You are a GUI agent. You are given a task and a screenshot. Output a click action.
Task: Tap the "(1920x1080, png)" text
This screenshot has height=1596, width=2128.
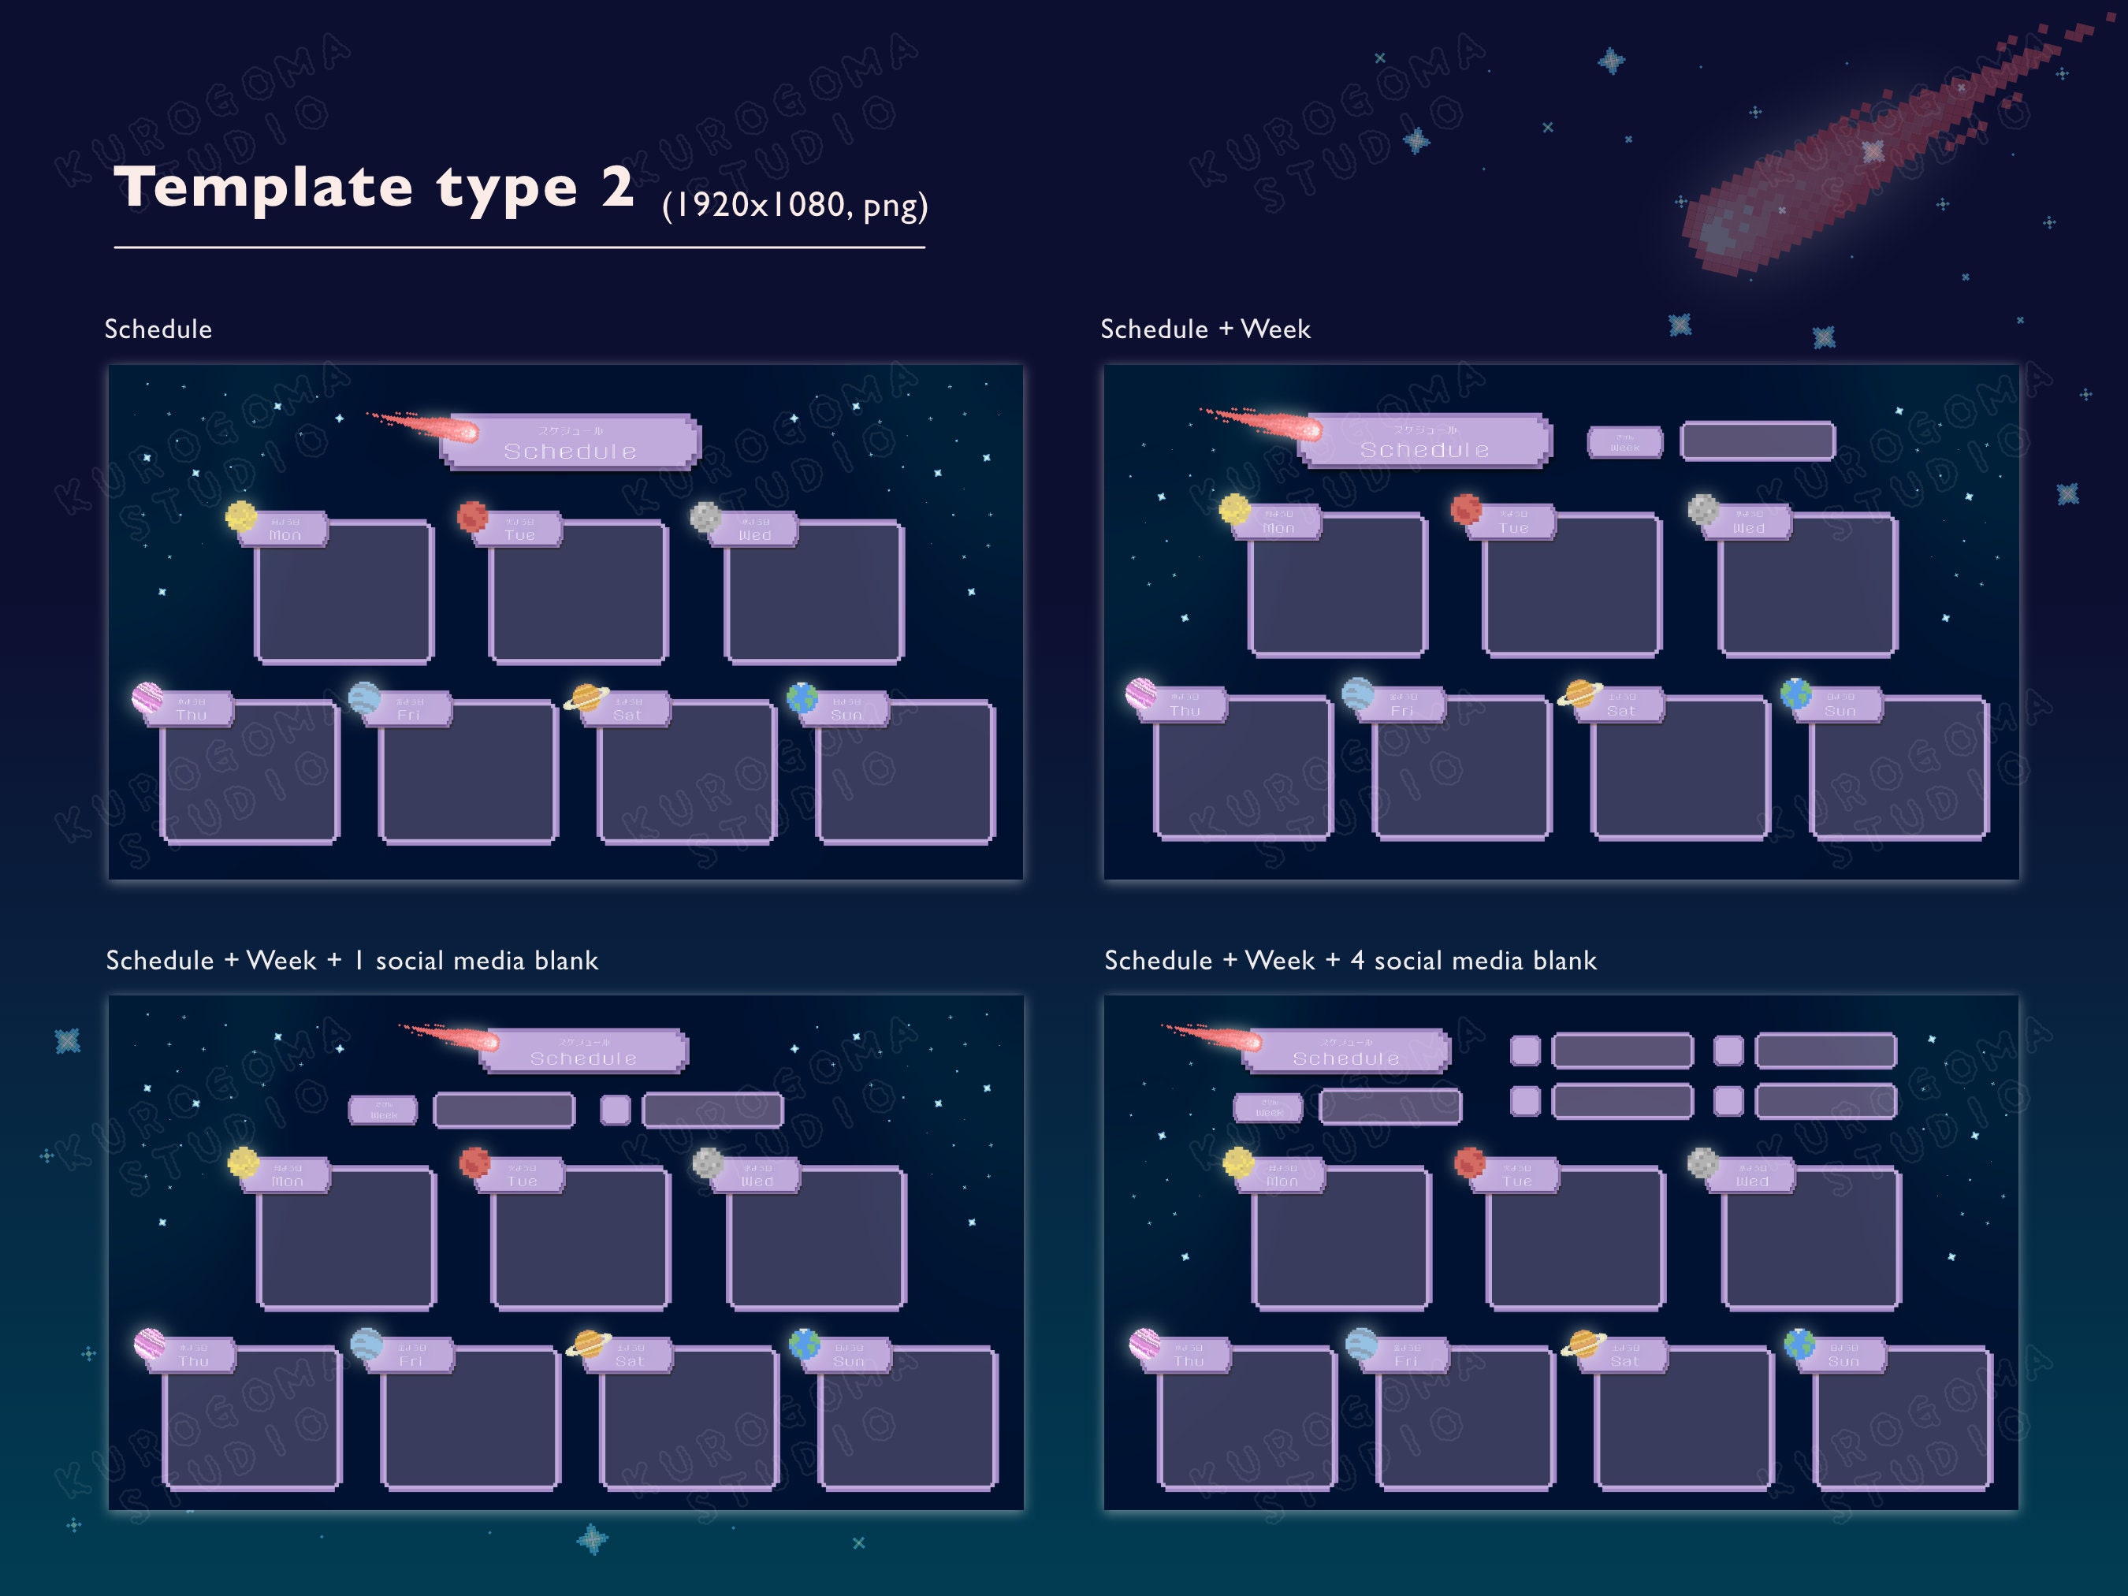point(794,205)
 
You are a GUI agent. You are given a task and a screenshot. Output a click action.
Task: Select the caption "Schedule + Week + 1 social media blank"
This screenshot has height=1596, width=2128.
point(352,960)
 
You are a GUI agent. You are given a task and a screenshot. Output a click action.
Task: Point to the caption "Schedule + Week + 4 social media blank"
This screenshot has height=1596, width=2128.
point(1350,960)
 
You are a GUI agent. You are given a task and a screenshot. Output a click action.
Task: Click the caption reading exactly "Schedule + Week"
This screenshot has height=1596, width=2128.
point(1204,329)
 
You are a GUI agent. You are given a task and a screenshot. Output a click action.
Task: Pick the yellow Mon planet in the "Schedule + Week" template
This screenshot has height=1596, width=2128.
point(1234,508)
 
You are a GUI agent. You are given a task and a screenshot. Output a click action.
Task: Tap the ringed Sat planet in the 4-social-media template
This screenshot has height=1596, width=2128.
point(1582,1343)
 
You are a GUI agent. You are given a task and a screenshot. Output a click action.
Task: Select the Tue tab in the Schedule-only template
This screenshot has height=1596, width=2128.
point(519,529)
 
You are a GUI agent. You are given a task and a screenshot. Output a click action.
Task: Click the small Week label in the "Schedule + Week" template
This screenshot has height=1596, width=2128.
point(1624,442)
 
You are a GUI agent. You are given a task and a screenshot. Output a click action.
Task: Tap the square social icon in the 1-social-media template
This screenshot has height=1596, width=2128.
point(616,1109)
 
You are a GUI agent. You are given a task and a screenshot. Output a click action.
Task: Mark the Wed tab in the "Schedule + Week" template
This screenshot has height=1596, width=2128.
point(1748,523)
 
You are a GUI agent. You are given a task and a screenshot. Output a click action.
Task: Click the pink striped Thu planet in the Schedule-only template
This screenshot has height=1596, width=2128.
point(147,697)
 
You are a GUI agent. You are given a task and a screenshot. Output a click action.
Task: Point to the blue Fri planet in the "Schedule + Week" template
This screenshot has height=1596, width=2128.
point(1357,693)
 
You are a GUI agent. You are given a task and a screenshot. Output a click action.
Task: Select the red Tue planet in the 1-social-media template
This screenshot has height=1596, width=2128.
point(474,1163)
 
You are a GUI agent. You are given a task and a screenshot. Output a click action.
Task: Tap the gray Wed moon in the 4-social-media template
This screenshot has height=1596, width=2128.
point(1702,1163)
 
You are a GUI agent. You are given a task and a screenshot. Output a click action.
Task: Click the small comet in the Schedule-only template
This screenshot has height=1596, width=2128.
point(433,426)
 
